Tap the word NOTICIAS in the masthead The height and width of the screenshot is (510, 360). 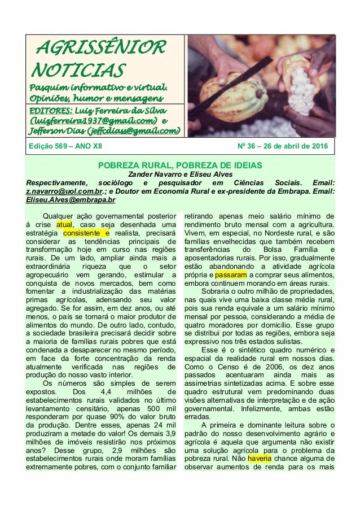pyautogui.click(x=77, y=71)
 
